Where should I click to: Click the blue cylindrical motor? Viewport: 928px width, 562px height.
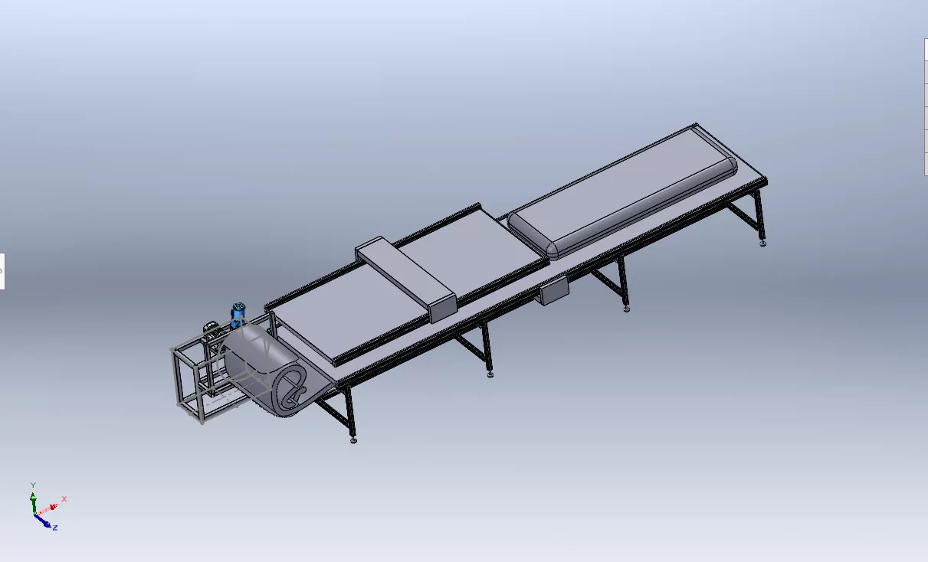coord(238,314)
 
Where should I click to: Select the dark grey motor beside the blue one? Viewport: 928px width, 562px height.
coord(213,331)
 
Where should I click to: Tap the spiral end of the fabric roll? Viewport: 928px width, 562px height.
coord(292,392)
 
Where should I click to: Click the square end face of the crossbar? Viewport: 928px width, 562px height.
coord(443,309)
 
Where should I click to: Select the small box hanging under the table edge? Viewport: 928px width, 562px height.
coord(554,290)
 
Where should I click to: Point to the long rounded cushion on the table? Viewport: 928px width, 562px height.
coord(622,191)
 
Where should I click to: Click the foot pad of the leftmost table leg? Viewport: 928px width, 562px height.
coord(353,441)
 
